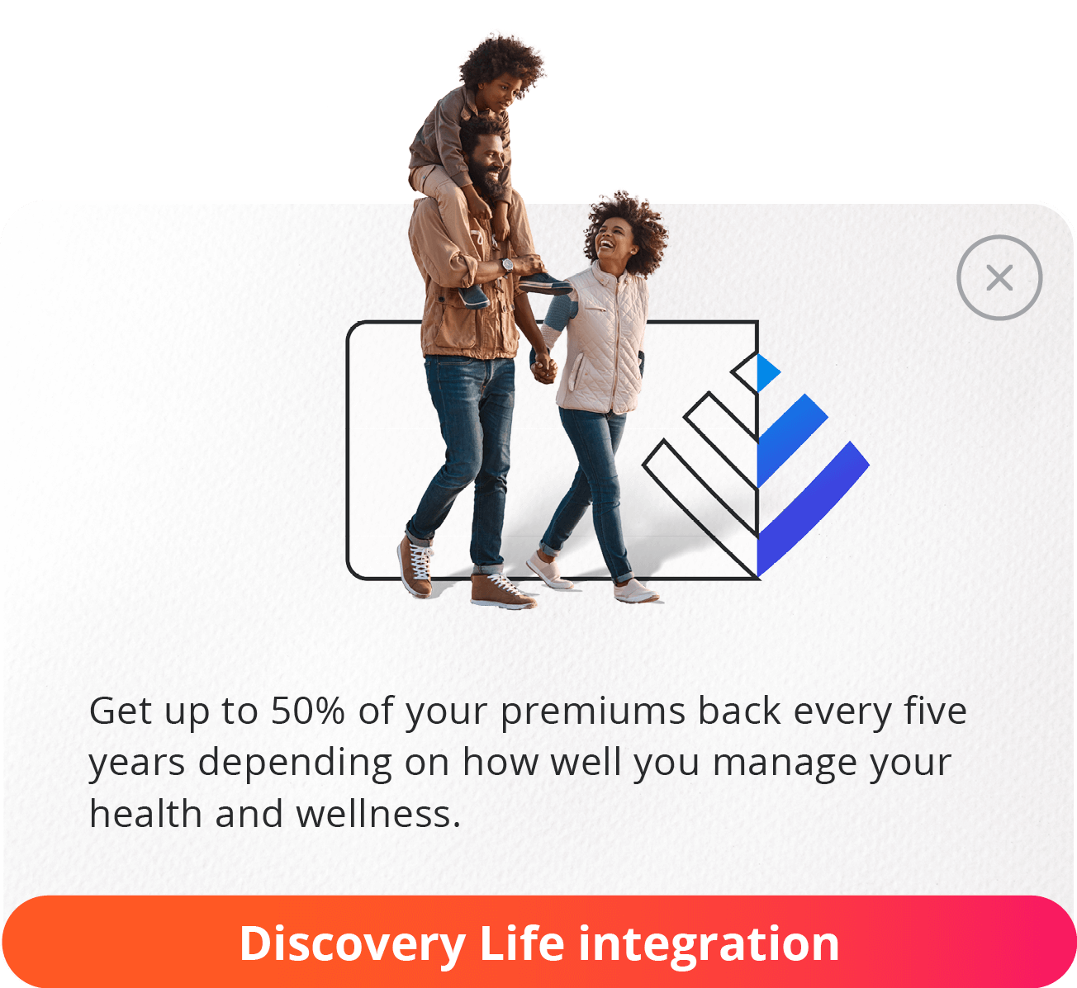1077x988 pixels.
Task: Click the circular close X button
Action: pos(999,278)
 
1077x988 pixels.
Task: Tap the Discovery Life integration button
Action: pos(538,942)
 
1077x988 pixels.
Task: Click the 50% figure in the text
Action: pos(307,711)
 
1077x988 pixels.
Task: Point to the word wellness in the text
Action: pos(377,814)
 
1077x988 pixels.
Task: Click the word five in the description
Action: pos(935,711)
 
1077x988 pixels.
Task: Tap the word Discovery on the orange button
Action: pos(352,943)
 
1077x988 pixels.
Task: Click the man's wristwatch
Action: pos(507,266)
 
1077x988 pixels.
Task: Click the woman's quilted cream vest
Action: pos(602,338)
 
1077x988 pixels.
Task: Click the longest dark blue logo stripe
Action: pos(814,508)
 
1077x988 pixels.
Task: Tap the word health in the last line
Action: pos(145,814)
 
